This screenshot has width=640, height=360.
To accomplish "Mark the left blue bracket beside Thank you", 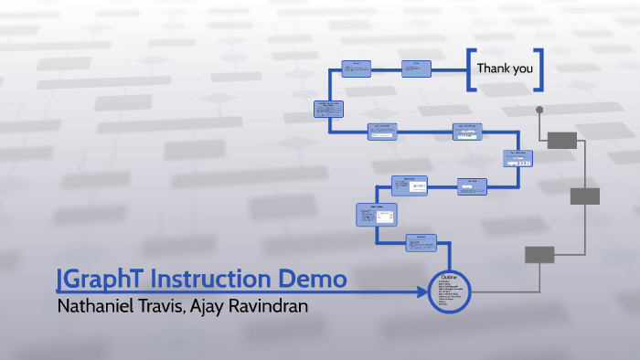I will pyautogui.click(x=470, y=69).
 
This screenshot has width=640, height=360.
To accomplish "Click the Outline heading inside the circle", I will pyautogui.click(x=450, y=278).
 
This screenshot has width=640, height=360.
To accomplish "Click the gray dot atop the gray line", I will pyautogui.click(x=539, y=111).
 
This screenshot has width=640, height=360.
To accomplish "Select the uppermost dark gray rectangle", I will pyautogui.click(x=561, y=140).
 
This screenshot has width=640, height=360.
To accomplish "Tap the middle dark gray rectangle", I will pyautogui.click(x=584, y=196).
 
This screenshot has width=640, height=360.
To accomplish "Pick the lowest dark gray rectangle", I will pyautogui.click(x=539, y=254).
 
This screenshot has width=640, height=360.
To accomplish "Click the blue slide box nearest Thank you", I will pyautogui.click(x=416, y=69).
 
